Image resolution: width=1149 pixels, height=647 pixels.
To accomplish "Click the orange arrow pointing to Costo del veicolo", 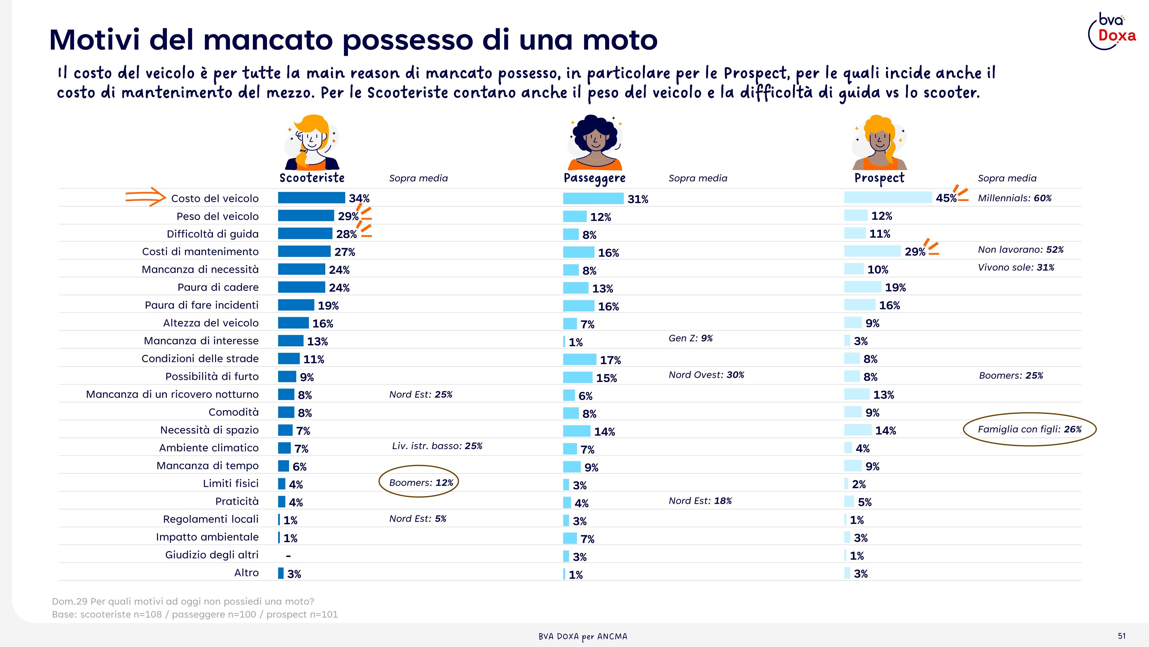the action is pyautogui.click(x=145, y=197).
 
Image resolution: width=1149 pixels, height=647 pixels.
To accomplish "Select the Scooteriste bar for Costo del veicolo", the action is pyautogui.click(x=311, y=198).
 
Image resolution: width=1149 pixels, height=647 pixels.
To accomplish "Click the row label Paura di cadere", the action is pyautogui.click(x=218, y=287).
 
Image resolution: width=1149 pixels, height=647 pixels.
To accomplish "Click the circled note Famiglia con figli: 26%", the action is pyautogui.click(x=1029, y=429).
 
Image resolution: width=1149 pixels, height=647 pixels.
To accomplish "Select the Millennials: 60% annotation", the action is pyautogui.click(x=1015, y=198).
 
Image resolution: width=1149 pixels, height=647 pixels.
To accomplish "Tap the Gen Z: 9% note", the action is pyautogui.click(x=690, y=338).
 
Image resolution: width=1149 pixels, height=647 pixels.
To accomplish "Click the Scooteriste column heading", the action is pyautogui.click(x=312, y=178).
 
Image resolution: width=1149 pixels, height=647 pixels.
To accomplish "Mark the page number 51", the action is pyautogui.click(x=1122, y=636).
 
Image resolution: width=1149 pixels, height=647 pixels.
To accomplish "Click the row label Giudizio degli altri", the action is pyautogui.click(x=212, y=555).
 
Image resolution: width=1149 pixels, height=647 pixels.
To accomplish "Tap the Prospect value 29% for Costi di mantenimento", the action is pyautogui.click(x=915, y=252).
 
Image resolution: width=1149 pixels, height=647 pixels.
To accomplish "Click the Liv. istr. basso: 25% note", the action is pyautogui.click(x=437, y=446).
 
